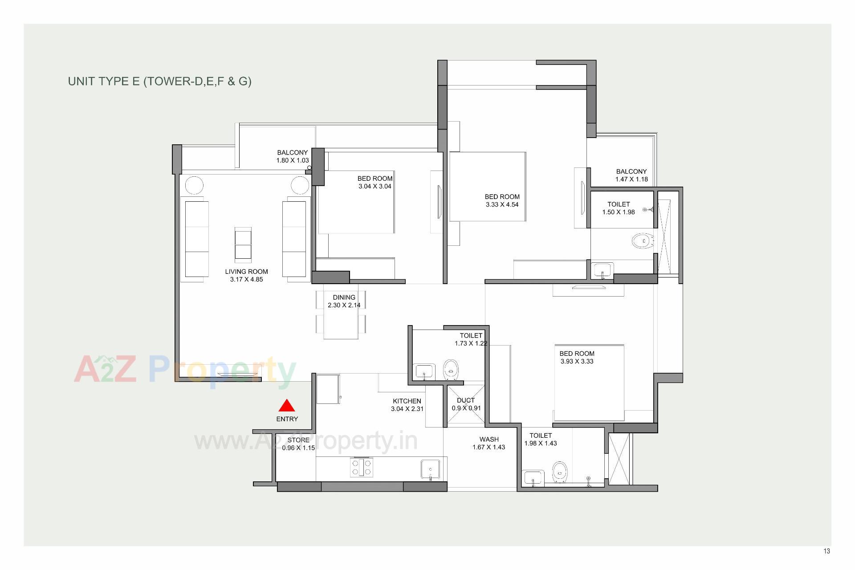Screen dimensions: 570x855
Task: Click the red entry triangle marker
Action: (x=287, y=406)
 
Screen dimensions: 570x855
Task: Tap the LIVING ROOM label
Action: (x=246, y=272)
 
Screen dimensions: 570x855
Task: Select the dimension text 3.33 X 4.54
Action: (x=502, y=205)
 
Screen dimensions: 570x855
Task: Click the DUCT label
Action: (x=466, y=400)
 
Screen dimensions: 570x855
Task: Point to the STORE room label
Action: (x=298, y=440)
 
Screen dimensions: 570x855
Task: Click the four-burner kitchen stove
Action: (x=362, y=467)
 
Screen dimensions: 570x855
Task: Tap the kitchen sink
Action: (x=430, y=470)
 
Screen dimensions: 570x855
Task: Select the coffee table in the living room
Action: (x=243, y=243)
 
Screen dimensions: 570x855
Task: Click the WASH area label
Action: (x=489, y=440)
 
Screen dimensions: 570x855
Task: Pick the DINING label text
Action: (x=344, y=297)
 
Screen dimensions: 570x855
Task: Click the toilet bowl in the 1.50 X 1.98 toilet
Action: (x=643, y=241)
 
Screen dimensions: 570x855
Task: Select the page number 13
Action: (x=826, y=551)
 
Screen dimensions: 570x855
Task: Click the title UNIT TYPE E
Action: (x=159, y=81)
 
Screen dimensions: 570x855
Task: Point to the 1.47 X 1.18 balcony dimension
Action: (x=631, y=179)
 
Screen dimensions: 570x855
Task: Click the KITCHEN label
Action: (x=407, y=401)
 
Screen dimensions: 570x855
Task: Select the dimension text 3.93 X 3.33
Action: (x=577, y=362)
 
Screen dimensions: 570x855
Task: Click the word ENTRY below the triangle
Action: (x=287, y=419)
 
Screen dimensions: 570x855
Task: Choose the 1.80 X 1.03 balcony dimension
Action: (x=292, y=161)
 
